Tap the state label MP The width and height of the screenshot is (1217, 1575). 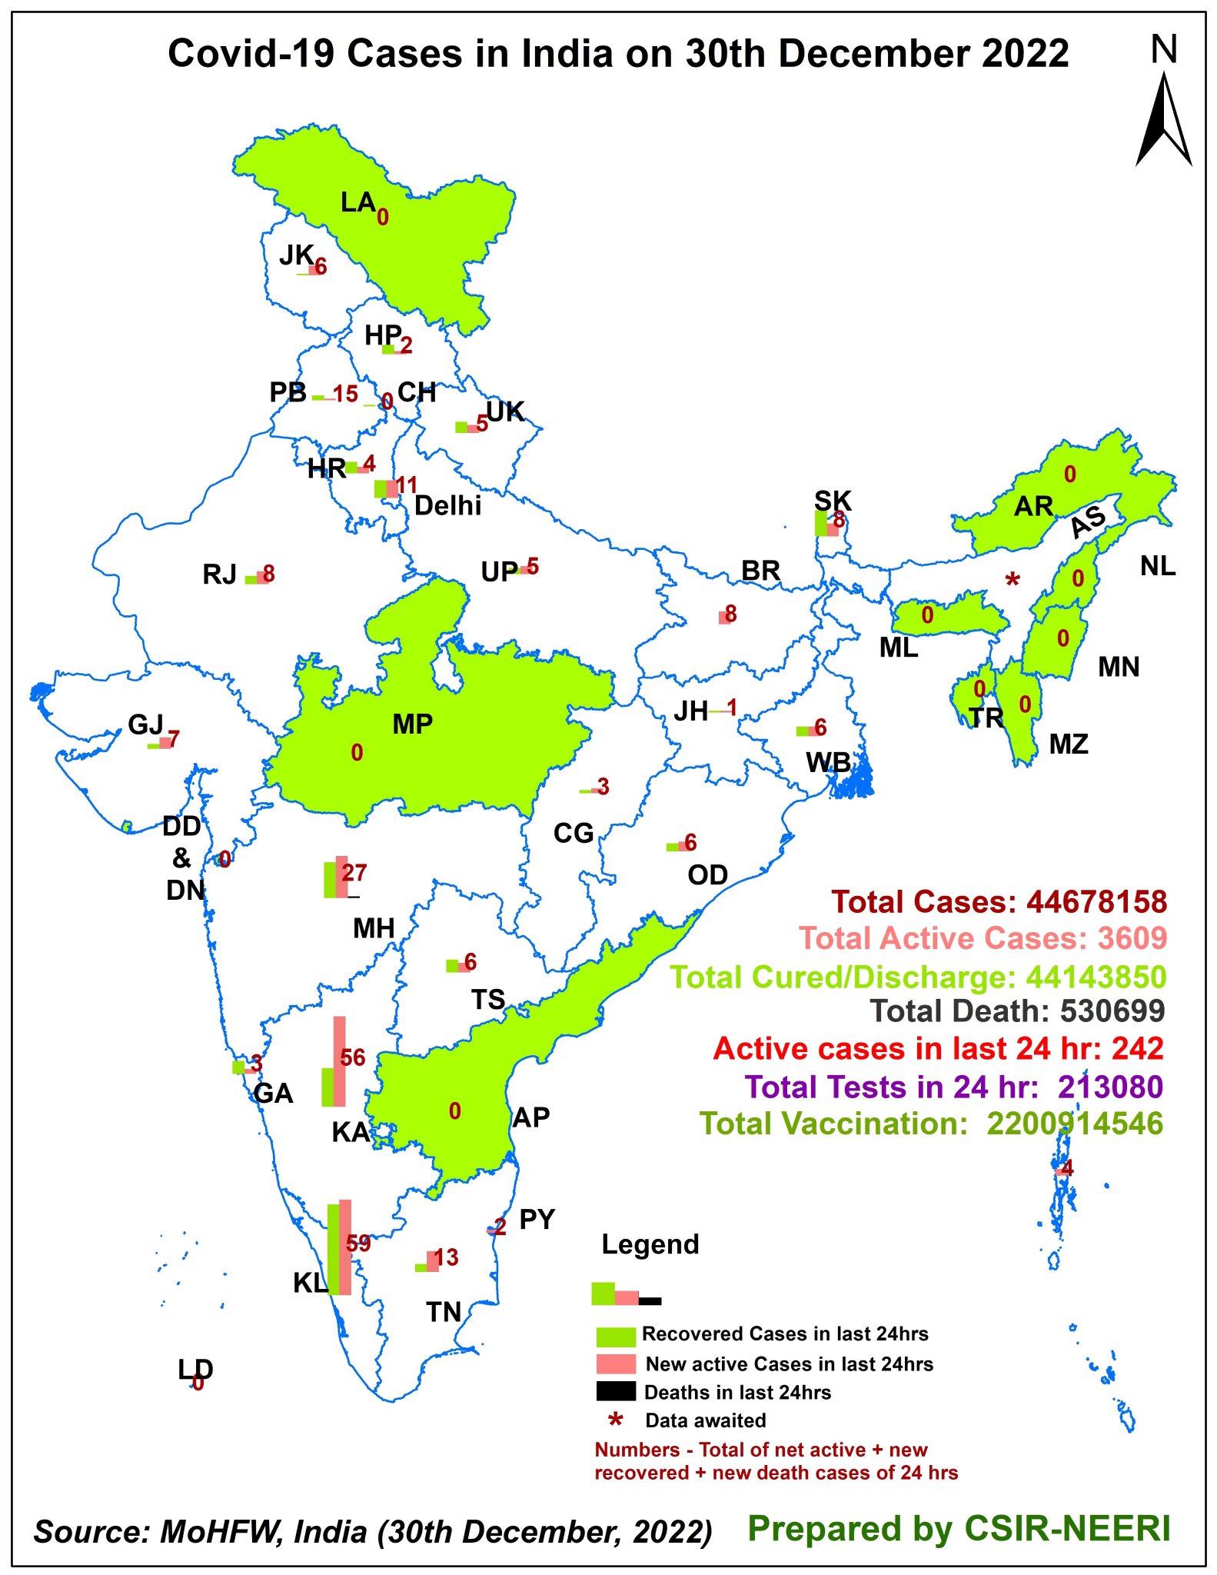pyautogui.click(x=412, y=724)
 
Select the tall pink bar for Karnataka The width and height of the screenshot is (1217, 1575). pyautogui.click(x=339, y=1061)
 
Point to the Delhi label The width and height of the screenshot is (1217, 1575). pyautogui.click(x=447, y=505)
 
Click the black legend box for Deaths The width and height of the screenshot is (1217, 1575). pyautogui.click(x=616, y=1391)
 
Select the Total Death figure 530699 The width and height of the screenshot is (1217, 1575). pyautogui.click(x=1112, y=1011)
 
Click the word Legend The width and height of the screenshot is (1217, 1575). pyautogui.click(x=650, y=1244)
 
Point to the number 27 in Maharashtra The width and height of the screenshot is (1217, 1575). pyautogui.click(x=354, y=873)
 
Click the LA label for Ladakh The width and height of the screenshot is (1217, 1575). pyautogui.click(x=357, y=202)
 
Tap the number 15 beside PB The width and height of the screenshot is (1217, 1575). pyautogui.click(x=345, y=395)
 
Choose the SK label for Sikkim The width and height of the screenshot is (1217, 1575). pyautogui.click(x=833, y=501)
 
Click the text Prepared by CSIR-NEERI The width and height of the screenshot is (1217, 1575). pyautogui.click(x=959, y=1528)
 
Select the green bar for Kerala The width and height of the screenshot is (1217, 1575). pyautogui.click(x=333, y=1249)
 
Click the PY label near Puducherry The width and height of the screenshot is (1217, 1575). pyautogui.click(x=537, y=1219)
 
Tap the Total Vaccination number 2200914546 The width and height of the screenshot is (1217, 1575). pyautogui.click(x=1075, y=1124)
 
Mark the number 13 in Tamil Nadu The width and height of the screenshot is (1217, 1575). pyautogui.click(x=446, y=1257)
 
